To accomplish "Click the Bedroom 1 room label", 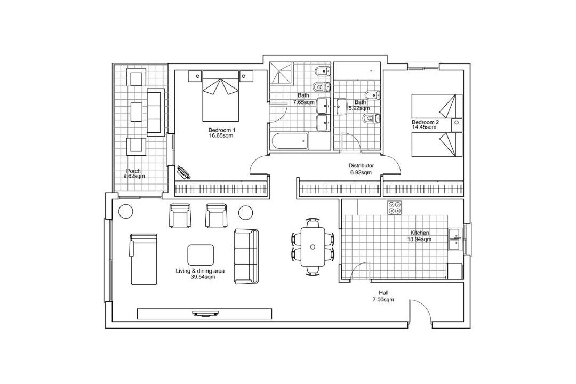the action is (221, 130).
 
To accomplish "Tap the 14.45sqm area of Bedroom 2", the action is (425, 127).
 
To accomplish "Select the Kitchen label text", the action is (420, 233).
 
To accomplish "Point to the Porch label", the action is (133, 171).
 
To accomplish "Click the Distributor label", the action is (361, 166).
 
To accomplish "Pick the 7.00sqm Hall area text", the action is (383, 300).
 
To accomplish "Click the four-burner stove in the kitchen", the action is (395, 207).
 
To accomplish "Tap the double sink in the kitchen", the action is (455, 239).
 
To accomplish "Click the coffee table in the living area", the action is (201, 254).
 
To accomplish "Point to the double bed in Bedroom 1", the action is (220, 97).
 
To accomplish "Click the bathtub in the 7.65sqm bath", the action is (290, 141).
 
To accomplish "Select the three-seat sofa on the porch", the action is (155, 111).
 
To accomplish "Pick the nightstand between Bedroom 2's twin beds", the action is (457, 125).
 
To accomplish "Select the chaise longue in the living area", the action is (143, 259).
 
